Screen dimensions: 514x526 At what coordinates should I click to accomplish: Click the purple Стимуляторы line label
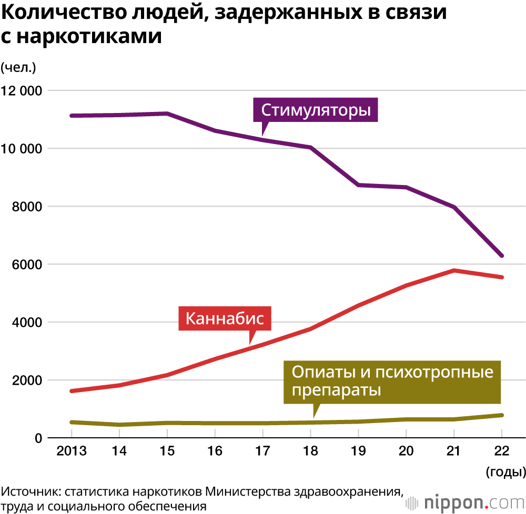316,110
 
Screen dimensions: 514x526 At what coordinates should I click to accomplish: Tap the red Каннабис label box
225,318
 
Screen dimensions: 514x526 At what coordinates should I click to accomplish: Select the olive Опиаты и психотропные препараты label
392,382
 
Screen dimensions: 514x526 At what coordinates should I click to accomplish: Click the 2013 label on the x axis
72,451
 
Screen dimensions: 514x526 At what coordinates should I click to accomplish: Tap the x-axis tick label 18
310,451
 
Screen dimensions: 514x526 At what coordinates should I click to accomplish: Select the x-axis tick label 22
501,451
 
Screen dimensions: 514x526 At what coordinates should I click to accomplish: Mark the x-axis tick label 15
167,451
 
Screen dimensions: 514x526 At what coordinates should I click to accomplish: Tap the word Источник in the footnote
30,492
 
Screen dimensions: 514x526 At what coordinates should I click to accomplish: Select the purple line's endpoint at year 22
501,255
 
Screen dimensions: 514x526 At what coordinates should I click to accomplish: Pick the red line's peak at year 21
453,271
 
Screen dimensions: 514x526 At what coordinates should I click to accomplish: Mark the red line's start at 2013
72,391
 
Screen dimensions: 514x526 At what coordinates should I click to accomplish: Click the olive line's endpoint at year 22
501,415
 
